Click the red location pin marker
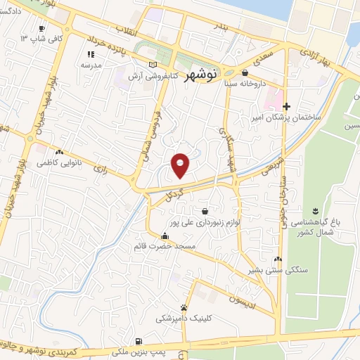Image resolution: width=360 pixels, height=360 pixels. click(181, 165)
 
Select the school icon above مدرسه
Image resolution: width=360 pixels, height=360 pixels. click(90, 54)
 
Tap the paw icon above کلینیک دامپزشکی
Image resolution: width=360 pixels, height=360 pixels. click(184, 307)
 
